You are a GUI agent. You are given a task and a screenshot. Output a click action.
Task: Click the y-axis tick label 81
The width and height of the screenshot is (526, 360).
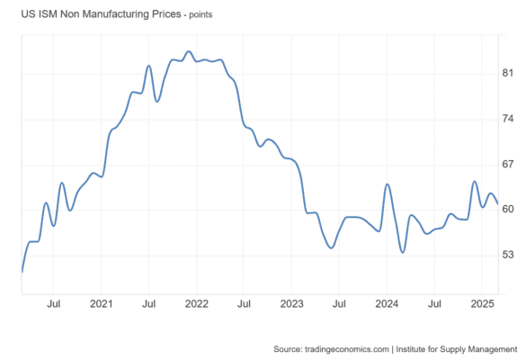pyautogui.click(x=507, y=73)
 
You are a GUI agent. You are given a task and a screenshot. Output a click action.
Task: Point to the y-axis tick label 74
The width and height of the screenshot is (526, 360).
pyautogui.click(x=507, y=119)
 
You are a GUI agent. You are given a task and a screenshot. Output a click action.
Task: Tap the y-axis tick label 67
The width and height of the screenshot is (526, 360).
pyautogui.click(x=507, y=164)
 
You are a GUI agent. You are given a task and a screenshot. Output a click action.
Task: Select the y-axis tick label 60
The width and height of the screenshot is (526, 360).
pyautogui.click(x=507, y=209)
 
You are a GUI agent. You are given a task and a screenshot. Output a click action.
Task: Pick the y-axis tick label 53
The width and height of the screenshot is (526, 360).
pyautogui.click(x=507, y=255)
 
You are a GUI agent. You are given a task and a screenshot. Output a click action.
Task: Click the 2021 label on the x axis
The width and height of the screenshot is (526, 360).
pyautogui.click(x=102, y=304)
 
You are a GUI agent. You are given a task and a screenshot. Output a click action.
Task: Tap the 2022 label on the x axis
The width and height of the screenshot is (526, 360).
pyautogui.click(x=197, y=304)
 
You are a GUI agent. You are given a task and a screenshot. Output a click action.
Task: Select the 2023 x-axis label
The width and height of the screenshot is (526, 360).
pyautogui.click(x=291, y=304)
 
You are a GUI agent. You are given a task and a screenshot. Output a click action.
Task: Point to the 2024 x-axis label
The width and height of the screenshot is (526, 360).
pyautogui.click(x=387, y=304)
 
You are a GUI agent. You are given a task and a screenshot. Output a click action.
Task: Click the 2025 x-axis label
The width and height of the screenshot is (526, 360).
pyautogui.click(x=482, y=304)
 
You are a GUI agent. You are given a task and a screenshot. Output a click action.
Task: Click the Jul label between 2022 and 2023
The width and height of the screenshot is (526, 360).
pyautogui.click(x=244, y=304)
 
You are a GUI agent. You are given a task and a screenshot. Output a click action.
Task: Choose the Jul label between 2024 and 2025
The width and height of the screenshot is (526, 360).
pyautogui.click(x=434, y=304)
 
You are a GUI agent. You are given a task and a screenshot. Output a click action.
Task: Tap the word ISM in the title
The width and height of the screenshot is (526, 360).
pyautogui.click(x=48, y=14)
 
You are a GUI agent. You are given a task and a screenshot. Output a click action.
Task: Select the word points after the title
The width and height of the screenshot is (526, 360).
pyautogui.click(x=201, y=15)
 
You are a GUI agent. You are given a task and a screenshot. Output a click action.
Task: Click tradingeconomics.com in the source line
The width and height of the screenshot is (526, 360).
pyautogui.click(x=347, y=349)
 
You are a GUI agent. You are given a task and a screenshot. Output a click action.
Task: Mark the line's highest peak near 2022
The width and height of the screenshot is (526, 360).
pyautogui.click(x=189, y=51)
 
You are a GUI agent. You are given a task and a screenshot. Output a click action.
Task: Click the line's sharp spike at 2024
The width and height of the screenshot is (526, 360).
pyautogui.click(x=388, y=184)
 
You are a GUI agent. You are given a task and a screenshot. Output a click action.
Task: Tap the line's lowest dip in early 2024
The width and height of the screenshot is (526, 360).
pyautogui.click(x=403, y=252)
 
